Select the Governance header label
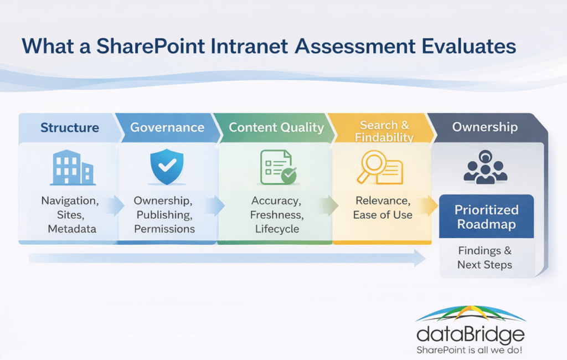[167, 127]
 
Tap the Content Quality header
[276, 127]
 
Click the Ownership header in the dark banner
[485, 127]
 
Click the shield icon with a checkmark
[167, 167]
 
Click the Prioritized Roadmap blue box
[486, 217]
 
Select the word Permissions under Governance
[164, 229]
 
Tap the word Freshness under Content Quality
[276, 214]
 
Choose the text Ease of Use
[383, 214]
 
